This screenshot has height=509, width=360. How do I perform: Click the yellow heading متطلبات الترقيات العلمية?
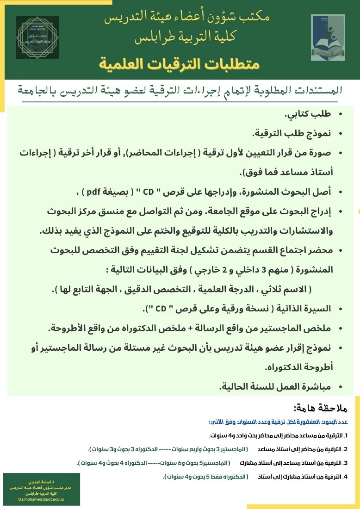tap(179, 63)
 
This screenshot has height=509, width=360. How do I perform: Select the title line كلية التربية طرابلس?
tap(180, 39)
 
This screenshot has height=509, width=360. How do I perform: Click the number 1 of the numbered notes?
tap(345, 436)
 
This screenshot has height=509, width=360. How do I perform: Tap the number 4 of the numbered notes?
tap(345, 476)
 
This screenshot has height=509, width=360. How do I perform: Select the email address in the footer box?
tap(41, 500)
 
